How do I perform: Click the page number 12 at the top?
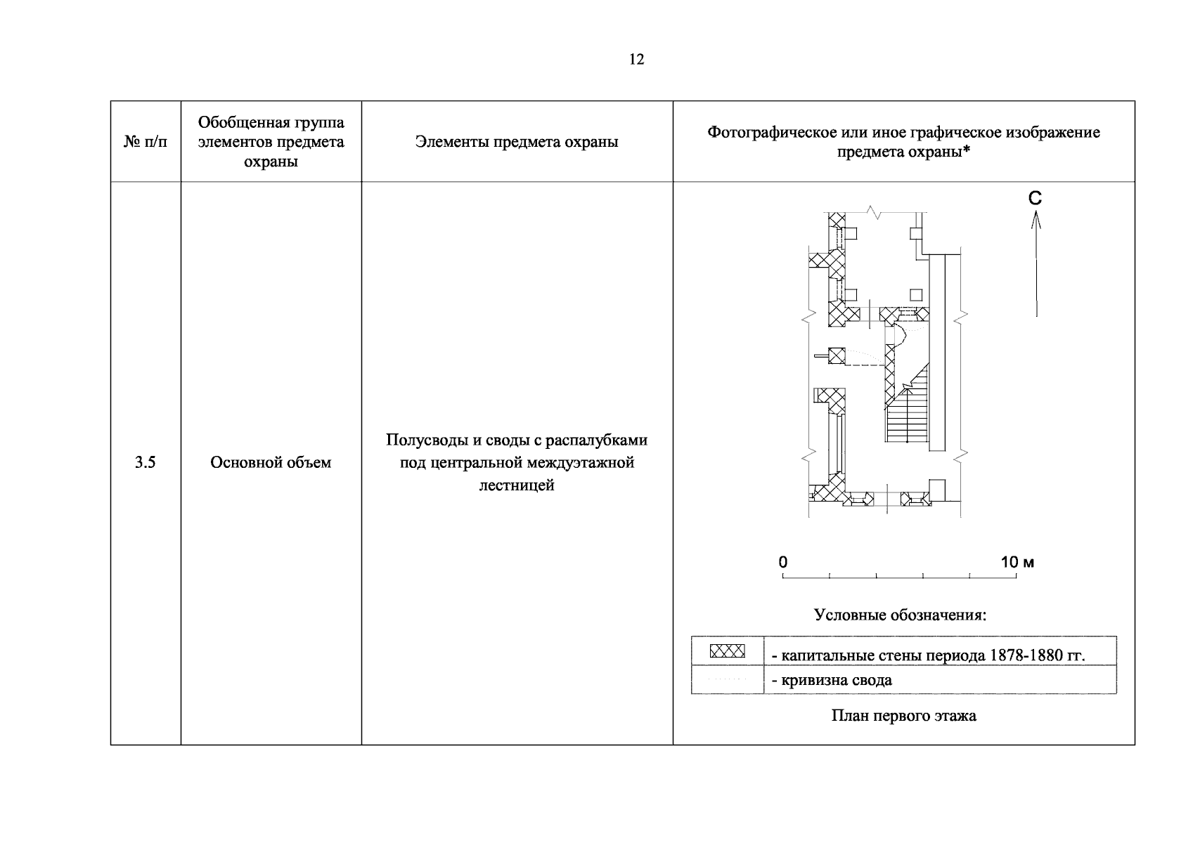[636, 60]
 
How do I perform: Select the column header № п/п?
[146, 142]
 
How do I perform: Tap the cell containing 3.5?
[145, 462]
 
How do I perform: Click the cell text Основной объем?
[271, 462]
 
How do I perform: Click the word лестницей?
[517, 485]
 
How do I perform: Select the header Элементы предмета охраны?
[517, 142]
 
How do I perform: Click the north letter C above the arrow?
[1035, 199]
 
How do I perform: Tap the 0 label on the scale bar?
[783, 562]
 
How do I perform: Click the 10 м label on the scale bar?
[1017, 562]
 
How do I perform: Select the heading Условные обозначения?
[901, 615]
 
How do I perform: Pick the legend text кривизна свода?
[837, 680]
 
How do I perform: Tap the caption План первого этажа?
[903, 717]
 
